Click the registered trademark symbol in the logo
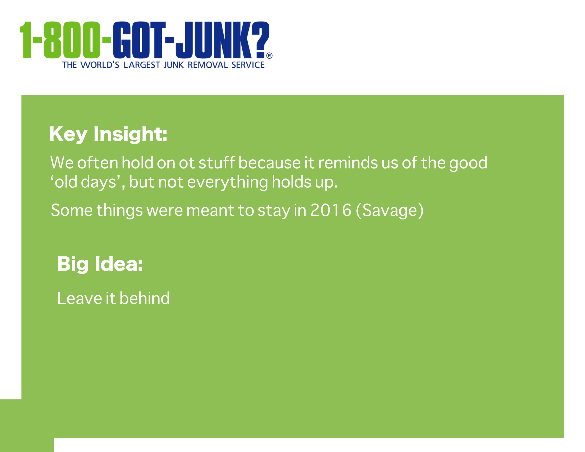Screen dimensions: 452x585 point(269,56)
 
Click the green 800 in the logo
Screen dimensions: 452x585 point(72,40)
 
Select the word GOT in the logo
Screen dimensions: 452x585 point(137,40)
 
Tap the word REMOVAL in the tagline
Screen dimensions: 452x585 point(208,65)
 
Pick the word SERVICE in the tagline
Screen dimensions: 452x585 point(248,65)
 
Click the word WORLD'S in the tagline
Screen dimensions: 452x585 point(100,65)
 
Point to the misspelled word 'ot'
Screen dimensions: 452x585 point(187,163)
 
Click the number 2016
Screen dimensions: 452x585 point(331,210)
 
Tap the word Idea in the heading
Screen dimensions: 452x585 point(119,264)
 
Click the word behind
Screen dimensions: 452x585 point(145,298)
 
